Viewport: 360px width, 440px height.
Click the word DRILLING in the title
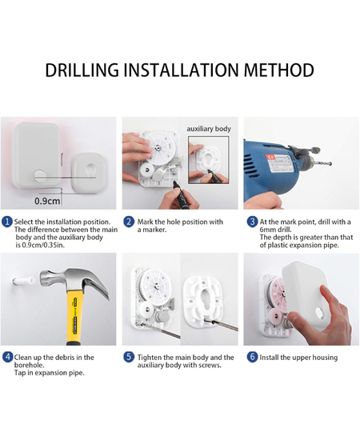click(82, 70)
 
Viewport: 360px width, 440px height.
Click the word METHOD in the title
click(279, 70)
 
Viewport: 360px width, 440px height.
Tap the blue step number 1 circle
click(7, 222)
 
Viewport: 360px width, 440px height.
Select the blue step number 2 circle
click(129, 222)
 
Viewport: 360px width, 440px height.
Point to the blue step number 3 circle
click(252, 222)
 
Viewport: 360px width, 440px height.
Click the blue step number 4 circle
click(7, 358)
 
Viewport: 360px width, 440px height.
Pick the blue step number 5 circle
click(129, 358)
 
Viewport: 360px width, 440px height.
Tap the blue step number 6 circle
click(252, 358)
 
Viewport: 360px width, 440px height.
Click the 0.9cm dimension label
click(47, 201)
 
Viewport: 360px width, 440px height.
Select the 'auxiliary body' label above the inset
click(209, 129)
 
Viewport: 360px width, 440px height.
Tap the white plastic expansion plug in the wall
click(24, 281)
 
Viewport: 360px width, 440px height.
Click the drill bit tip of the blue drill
click(331, 163)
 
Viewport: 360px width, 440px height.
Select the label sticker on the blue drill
click(281, 164)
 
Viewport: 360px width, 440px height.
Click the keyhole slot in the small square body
click(90, 170)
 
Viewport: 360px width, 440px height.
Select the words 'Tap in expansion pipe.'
click(50, 373)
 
